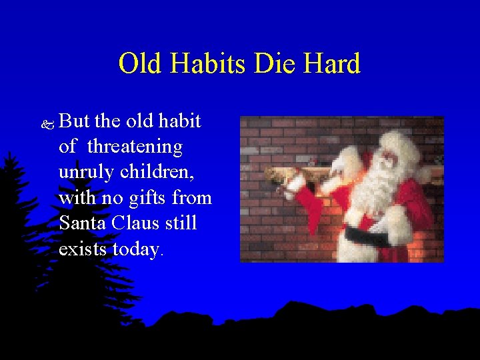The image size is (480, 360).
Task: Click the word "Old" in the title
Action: [141, 64]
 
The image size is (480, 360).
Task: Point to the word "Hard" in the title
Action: [332, 64]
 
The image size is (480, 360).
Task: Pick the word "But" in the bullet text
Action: [75, 121]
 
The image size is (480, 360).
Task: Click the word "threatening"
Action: [135, 147]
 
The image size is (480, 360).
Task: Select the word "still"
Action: [181, 223]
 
